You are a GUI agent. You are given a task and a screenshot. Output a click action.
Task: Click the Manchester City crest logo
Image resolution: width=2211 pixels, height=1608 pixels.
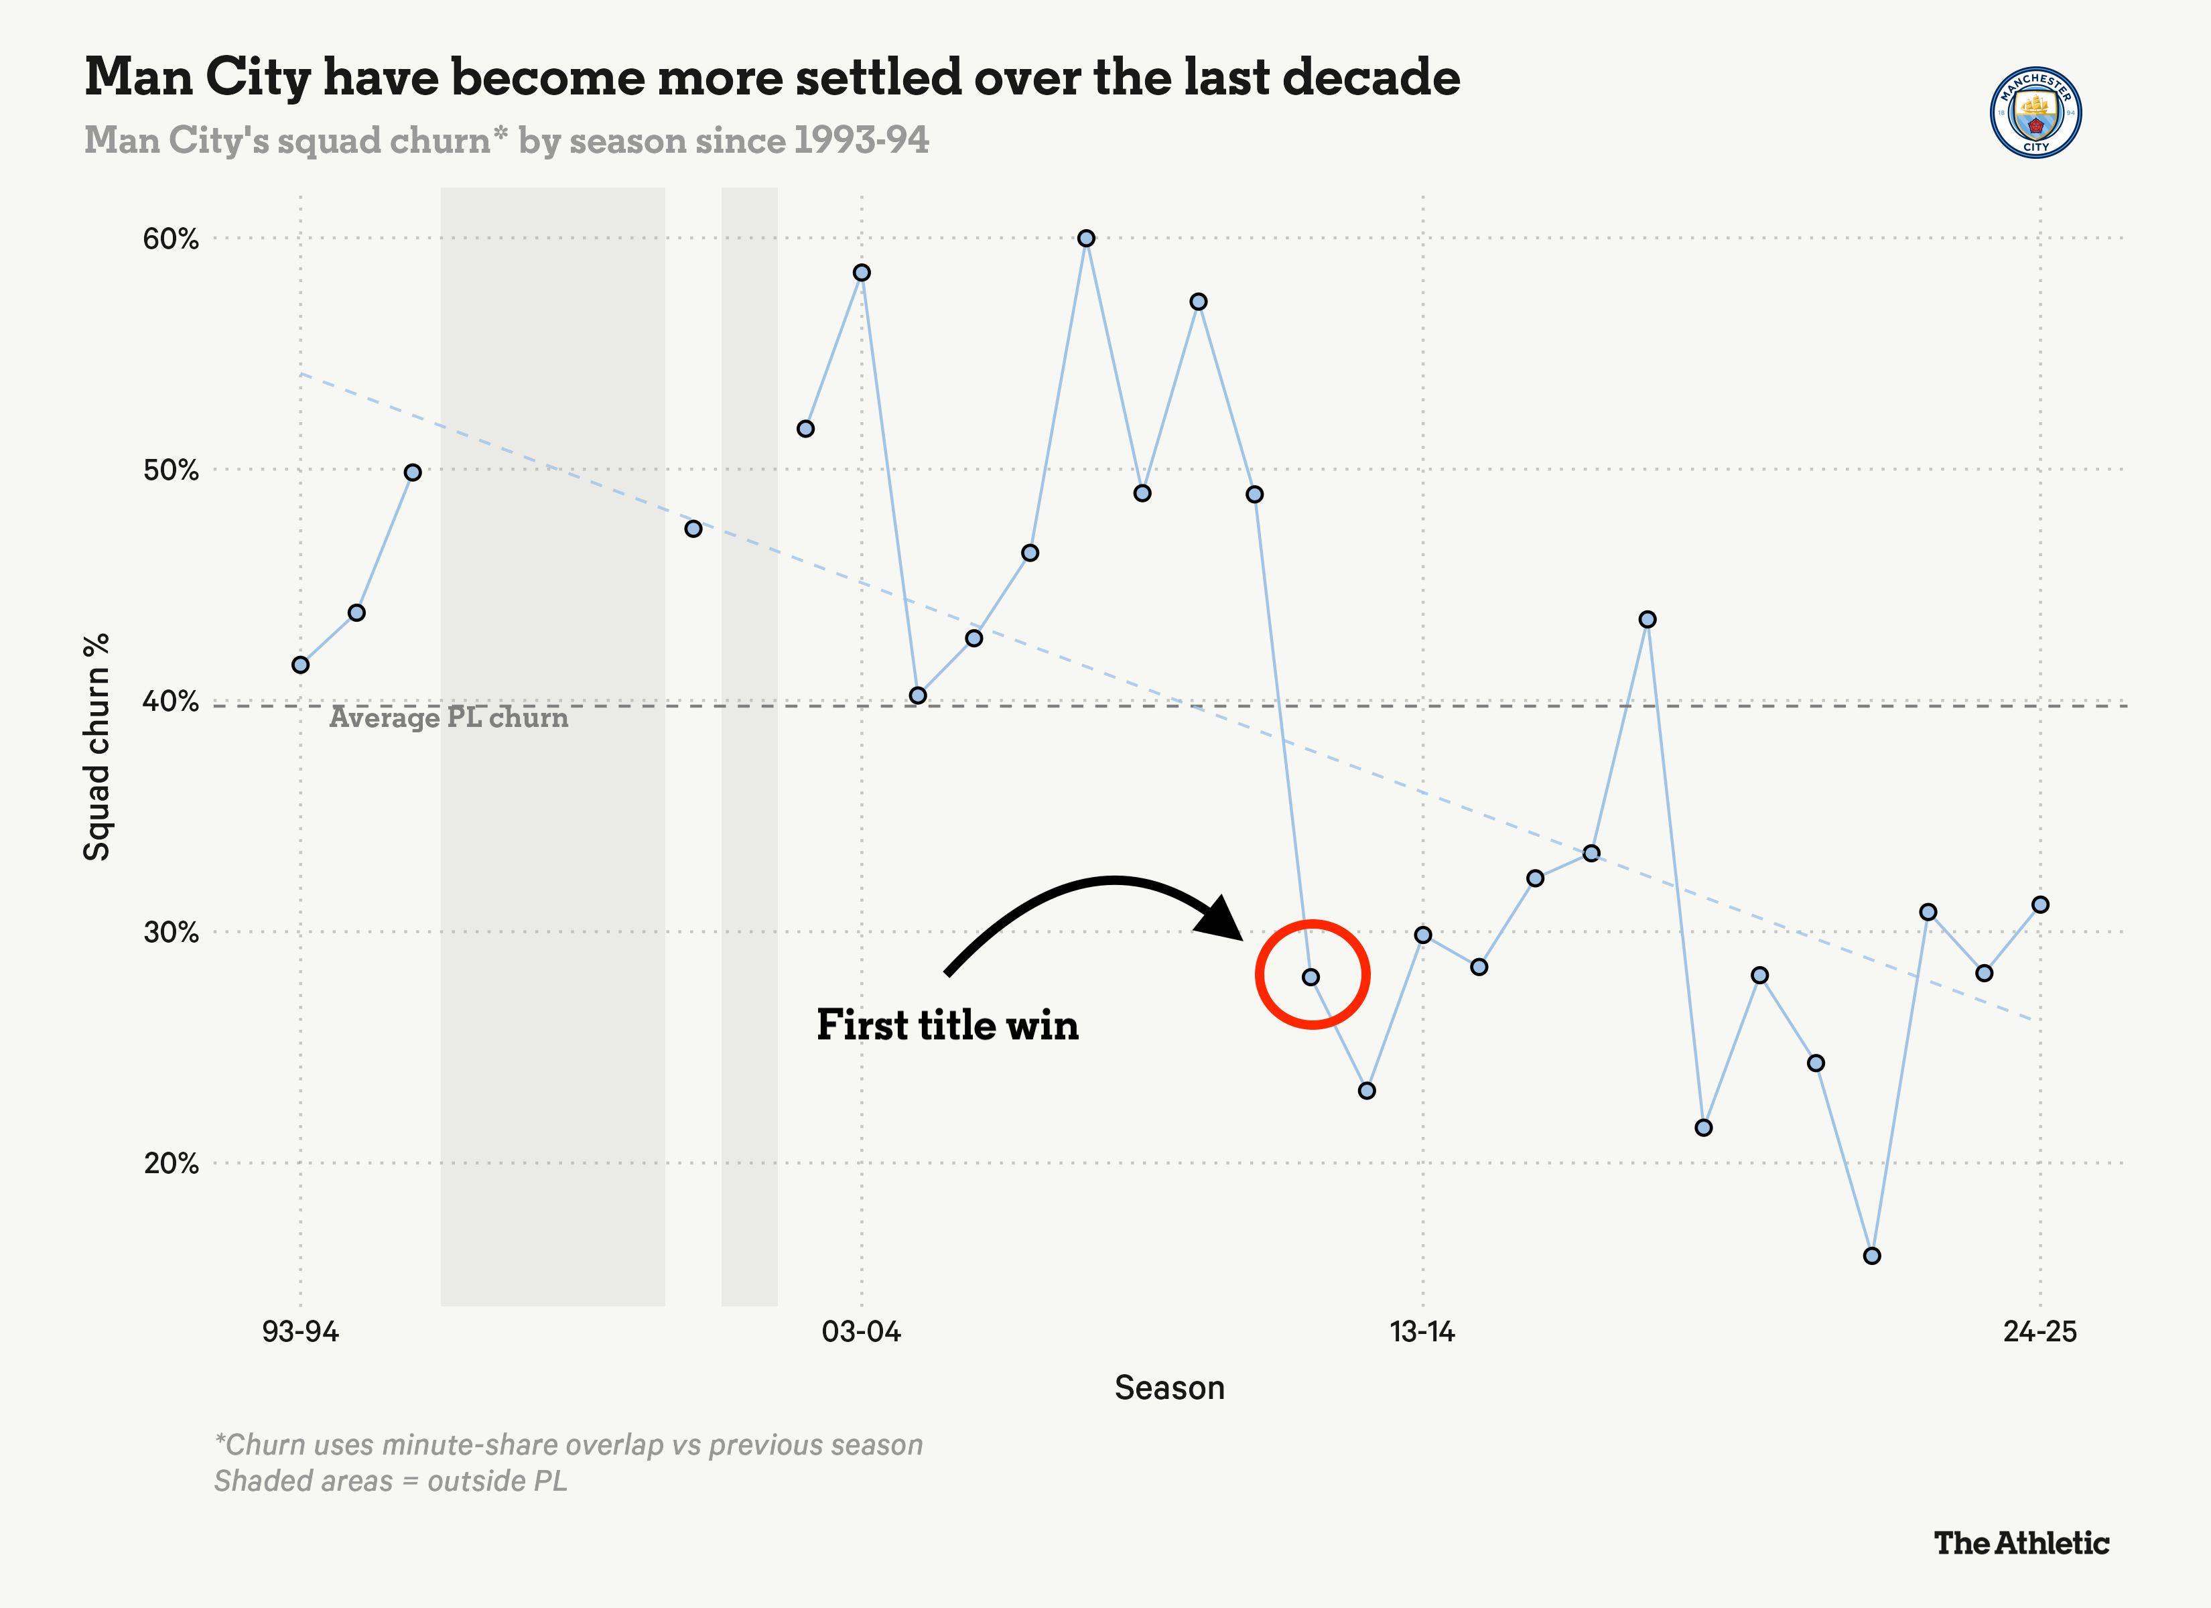click(x=2035, y=112)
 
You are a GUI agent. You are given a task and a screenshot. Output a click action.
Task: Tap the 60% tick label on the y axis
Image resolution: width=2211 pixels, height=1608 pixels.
click(x=171, y=239)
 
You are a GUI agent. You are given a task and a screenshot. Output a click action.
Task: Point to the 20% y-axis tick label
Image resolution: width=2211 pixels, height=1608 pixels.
click(x=171, y=1163)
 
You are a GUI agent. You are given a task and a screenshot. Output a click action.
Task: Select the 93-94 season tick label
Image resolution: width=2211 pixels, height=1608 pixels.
click(x=300, y=1331)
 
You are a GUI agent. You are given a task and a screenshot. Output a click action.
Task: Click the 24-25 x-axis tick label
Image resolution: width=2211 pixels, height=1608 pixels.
click(x=2040, y=1331)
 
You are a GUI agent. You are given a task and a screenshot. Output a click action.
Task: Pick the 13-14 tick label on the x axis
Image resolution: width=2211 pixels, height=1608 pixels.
click(x=1422, y=1331)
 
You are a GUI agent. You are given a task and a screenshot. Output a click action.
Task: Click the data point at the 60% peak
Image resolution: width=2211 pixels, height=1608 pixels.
click(x=1086, y=238)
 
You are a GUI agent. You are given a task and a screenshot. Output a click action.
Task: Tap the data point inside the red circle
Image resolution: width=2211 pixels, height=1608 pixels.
click(x=1311, y=977)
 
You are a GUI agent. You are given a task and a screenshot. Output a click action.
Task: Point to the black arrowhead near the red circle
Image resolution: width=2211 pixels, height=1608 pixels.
click(x=1223, y=919)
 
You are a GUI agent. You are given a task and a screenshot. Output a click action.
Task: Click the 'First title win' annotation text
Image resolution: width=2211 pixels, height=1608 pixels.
click(x=947, y=1026)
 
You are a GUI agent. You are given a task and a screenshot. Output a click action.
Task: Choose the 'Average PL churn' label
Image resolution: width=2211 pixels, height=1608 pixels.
click(x=448, y=718)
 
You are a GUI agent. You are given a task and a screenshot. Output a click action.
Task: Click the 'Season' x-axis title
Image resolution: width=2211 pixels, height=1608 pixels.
click(x=1169, y=1388)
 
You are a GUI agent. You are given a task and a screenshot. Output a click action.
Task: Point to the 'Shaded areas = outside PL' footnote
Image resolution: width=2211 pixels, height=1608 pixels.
click(x=390, y=1481)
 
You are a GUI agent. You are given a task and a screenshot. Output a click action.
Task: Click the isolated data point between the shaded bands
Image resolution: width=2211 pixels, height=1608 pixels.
click(x=693, y=529)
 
